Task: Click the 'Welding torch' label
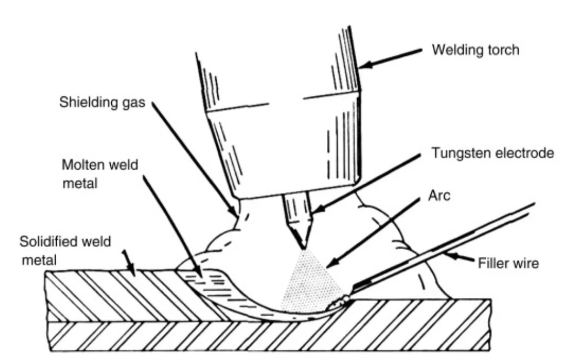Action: [x=475, y=50]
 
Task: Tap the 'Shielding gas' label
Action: [x=102, y=103]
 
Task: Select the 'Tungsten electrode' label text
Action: [x=492, y=154]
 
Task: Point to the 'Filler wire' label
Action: [x=508, y=264]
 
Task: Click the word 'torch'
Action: [x=503, y=50]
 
